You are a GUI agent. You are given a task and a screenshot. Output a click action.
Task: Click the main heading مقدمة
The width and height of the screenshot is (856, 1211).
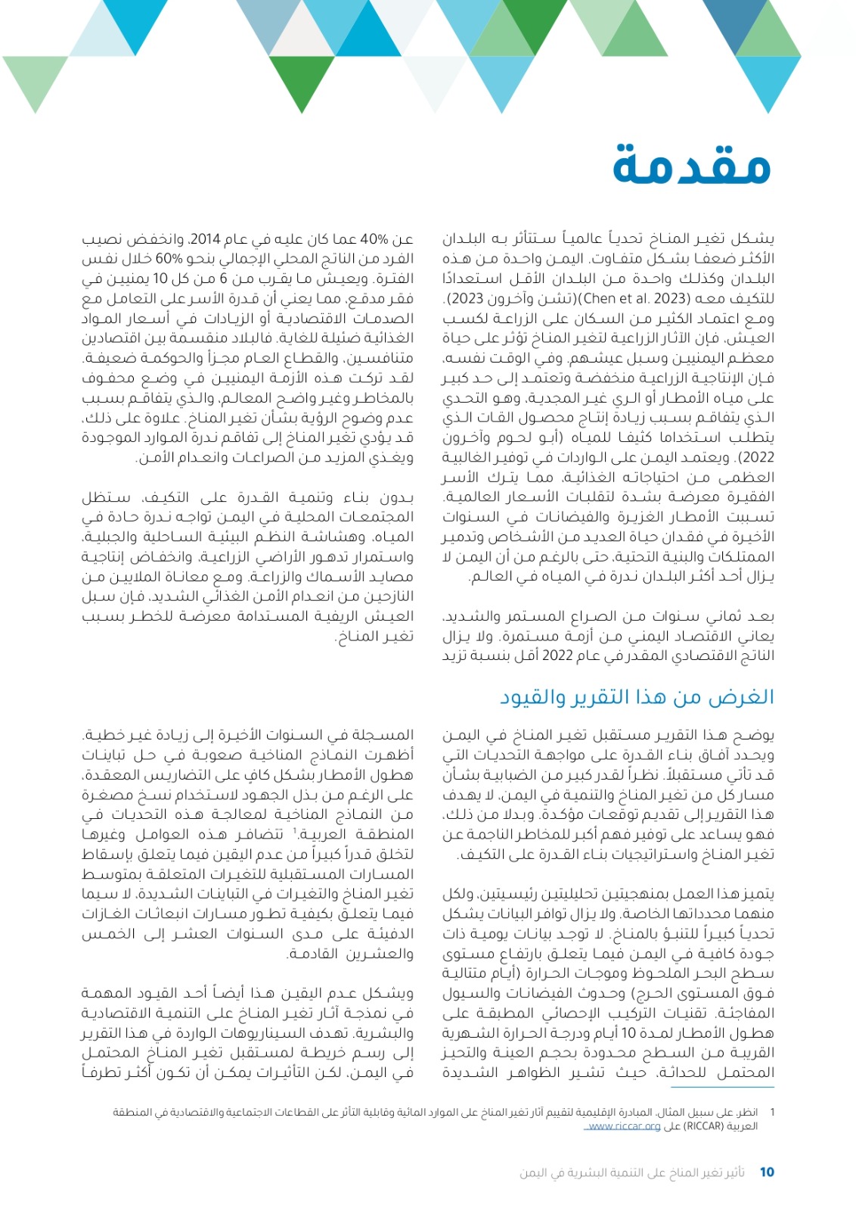click(691, 165)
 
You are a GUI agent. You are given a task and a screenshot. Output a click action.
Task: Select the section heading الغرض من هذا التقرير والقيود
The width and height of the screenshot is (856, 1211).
click(637, 697)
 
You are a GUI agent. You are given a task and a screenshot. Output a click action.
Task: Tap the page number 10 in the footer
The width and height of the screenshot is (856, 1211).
click(767, 1172)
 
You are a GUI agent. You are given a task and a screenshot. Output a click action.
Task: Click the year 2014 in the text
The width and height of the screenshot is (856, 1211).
click(203, 240)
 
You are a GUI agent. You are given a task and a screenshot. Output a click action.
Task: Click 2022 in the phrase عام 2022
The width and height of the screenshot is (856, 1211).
click(557, 655)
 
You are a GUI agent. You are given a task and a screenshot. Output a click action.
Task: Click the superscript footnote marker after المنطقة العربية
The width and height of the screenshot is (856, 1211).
click(293, 831)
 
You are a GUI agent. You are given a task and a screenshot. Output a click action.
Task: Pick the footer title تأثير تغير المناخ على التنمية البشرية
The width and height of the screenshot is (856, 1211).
click(632, 1172)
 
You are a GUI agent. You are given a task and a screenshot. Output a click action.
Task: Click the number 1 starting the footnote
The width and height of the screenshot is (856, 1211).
click(772, 1113)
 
